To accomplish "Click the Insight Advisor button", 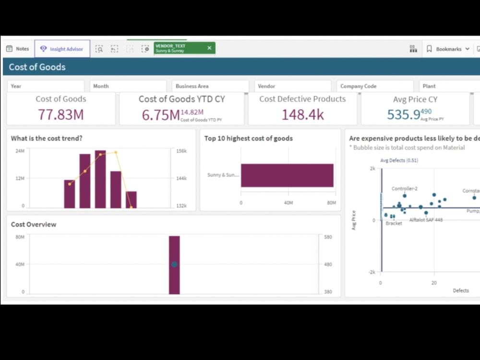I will [62, 49].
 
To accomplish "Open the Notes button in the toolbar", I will [18, 49].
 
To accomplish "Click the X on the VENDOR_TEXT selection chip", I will [209, 48].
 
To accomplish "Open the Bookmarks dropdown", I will [448, 49].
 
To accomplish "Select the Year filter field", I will [47, 86].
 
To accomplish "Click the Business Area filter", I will [210, 86].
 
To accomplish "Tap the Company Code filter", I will [375, 86].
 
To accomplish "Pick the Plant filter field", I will [449, 86].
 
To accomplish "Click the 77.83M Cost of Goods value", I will [61, 115].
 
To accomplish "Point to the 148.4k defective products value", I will [302, 115].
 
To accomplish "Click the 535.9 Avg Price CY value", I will [403, 115].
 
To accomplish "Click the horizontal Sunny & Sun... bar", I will [287, 175].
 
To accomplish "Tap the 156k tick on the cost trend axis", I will [181, 151].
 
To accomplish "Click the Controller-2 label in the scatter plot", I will [404, 189].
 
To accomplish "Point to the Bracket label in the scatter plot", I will [394, 224].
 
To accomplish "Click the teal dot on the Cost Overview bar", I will [174, 264].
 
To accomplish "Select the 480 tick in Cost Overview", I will [328, 264].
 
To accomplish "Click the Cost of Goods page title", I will [37, 67].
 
